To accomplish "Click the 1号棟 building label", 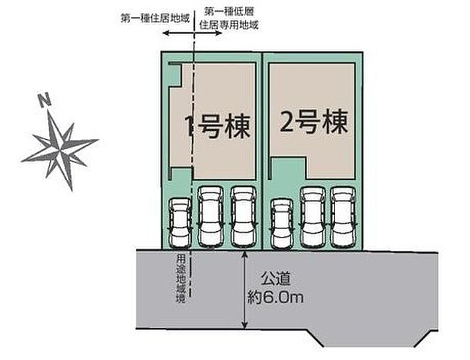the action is [x=217, y=126].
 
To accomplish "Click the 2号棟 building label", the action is [x=314, y=123].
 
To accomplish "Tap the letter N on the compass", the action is [x=44, y=100].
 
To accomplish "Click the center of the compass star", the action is [x=61, y=146].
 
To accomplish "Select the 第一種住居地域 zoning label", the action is [x=155, y=18].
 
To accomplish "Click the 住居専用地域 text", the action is [x=230, y=25].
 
